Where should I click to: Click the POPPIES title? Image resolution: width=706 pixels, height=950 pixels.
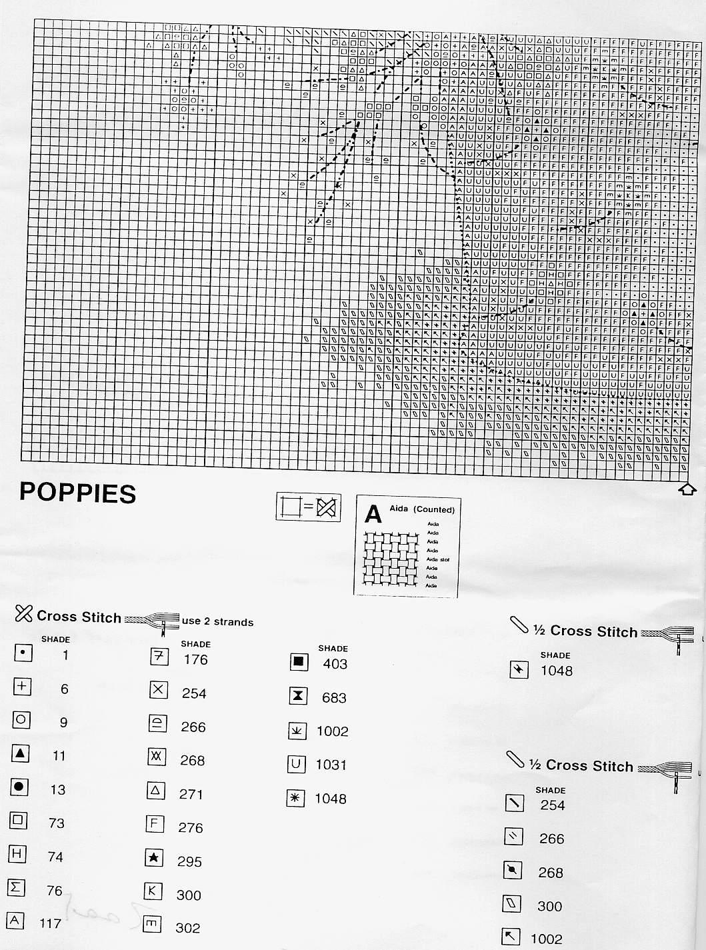coord(77,493)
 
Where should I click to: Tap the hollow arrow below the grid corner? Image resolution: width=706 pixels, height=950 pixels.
coord(687,489)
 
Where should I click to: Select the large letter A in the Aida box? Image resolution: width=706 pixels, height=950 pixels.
coord(373,514)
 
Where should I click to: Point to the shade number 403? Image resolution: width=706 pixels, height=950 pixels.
coord(335,663)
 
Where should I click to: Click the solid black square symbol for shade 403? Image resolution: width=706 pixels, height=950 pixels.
coord(298,662)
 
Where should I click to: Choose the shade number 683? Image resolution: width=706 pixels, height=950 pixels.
coord(334,698)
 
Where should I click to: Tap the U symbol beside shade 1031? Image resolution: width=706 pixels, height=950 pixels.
coord(297,764)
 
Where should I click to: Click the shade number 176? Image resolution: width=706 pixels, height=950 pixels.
coord(195,659)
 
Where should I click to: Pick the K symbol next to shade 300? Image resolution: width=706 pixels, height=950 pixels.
coord(153,892)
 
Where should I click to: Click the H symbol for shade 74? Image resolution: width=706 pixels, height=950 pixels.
coord(18,853)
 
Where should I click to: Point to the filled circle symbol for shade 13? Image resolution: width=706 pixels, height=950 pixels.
coord(19,787)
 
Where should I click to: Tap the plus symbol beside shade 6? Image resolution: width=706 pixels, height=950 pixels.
coord(22,686)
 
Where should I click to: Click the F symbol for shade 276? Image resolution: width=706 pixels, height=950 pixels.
coord(154,825)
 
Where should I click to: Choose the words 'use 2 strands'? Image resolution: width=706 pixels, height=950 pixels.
coord(217,622)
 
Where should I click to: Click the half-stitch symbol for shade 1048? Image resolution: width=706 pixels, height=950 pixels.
coord(519,669)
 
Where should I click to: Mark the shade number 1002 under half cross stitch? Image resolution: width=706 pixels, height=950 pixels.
coord(547,939)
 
